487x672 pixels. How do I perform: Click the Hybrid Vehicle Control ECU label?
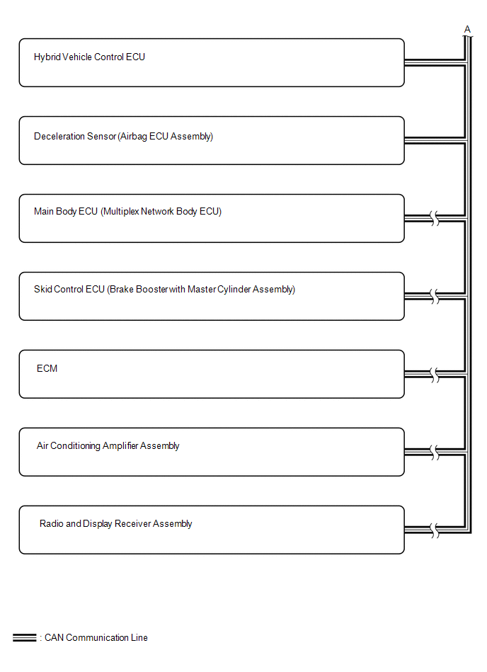[89, 57]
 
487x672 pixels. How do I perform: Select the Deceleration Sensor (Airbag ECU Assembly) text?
[123, 136]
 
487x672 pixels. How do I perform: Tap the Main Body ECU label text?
[66, 212]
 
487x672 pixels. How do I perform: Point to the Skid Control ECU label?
[69, 290]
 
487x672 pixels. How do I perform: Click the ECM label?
[47, 368]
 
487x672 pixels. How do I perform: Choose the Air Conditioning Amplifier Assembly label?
[108, 445]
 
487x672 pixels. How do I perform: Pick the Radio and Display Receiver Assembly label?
[115, 524]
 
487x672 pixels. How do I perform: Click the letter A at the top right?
[467, 29]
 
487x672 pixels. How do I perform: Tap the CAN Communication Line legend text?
[96, 638]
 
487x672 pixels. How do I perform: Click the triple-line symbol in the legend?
[24, 638]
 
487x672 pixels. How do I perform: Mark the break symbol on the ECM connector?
[435, 375]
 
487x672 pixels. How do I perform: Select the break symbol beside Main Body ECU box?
[435, 219]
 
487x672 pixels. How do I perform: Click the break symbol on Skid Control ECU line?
[435, 297]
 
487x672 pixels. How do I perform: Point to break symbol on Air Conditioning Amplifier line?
[435, 452]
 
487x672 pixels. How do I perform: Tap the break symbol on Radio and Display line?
[435, 530]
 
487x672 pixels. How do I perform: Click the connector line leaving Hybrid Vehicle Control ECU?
[435, 62]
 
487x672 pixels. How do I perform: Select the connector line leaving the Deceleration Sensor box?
[435, 141]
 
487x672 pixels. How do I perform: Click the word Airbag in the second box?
[133, 137]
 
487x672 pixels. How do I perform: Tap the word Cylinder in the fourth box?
[234, 290]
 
